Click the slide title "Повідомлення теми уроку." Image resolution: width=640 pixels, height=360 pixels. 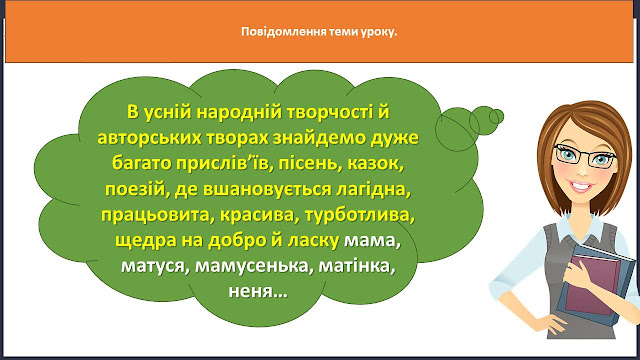coord(319,32)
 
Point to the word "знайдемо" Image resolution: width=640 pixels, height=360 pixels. coord(319,139)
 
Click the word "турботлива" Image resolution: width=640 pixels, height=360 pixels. coord(360,215)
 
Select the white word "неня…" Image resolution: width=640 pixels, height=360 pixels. coord(258,291)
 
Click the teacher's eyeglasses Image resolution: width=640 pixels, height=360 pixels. coord(585,156)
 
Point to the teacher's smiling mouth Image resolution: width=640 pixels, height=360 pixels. coord(580,187)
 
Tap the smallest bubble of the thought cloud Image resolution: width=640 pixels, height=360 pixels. coord(497,117)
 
